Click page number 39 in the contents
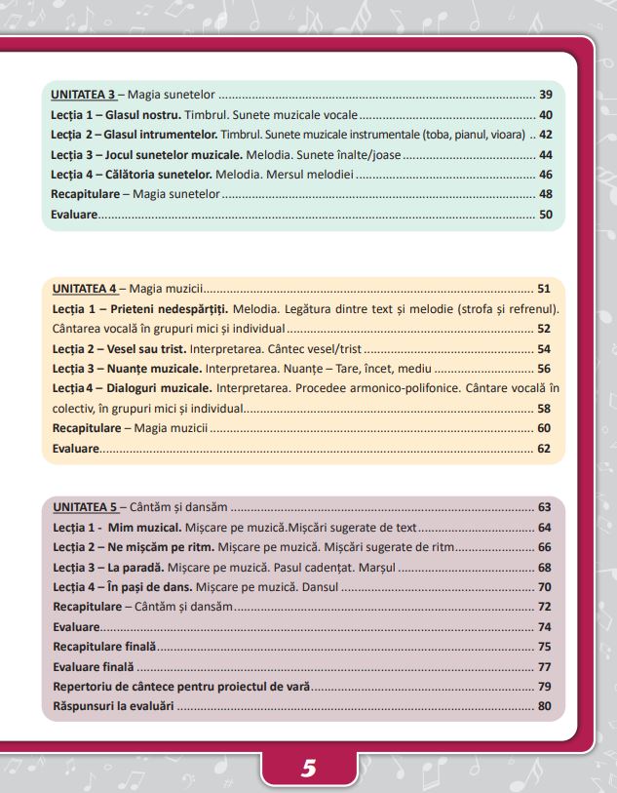tap(546, 95)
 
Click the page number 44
tap(546, 155)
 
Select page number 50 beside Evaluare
tap(546, 215)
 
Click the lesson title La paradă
tap(135, 568)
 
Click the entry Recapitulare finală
tap(104, 647)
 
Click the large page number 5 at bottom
tap(309, 768)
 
